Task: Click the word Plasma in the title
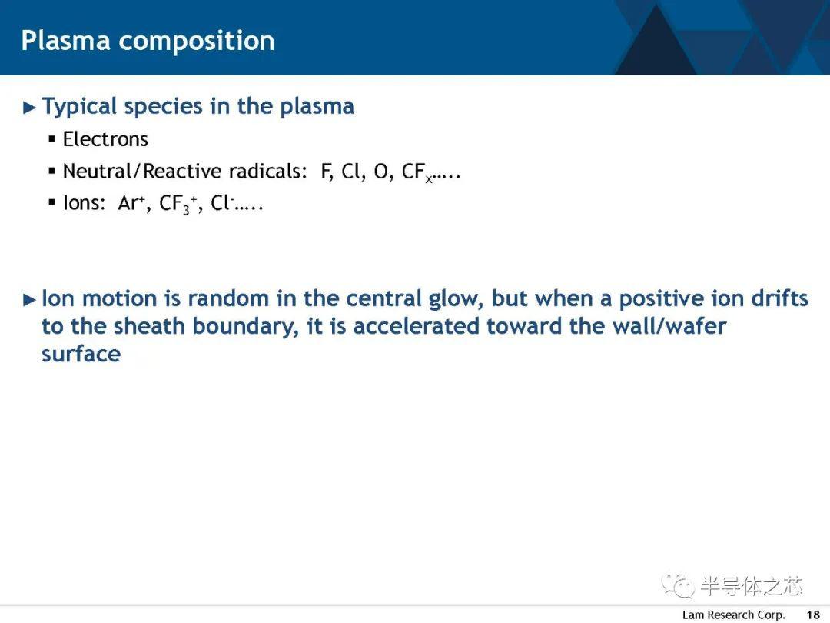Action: tap(65, 40)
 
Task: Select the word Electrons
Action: tap(105, 139)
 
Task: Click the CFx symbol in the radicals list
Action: tap(417, 173)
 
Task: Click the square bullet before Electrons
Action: tap(52, 139)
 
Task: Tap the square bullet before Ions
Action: tap(52, 202)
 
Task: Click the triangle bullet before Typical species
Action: tap(30, 108)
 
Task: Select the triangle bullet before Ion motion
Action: tap(30, 301)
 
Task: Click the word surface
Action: tap(81, 354)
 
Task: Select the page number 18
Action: tap(813, 615)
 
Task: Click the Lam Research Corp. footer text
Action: tap(733, 615)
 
